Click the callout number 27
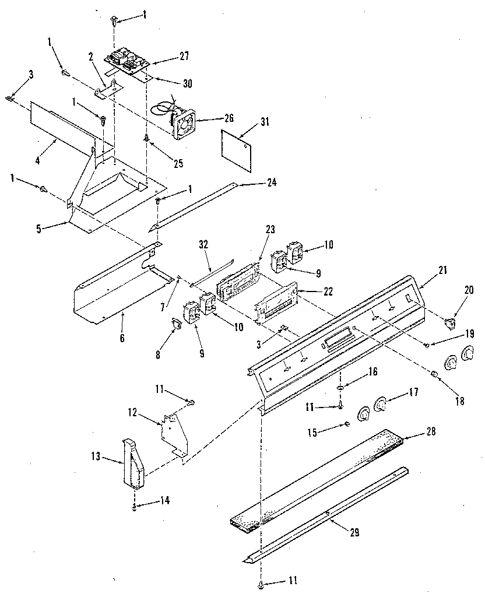click(184, 57)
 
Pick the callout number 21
click(442, 270)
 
